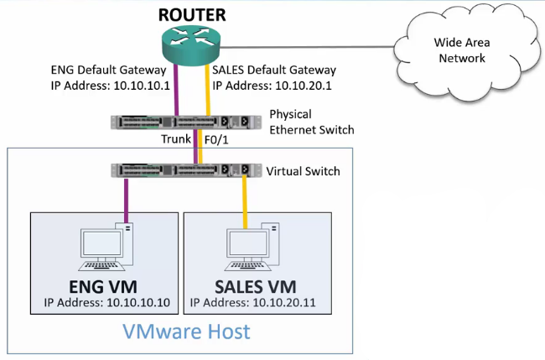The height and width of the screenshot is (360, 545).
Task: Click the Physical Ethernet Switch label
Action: tap(312, 122)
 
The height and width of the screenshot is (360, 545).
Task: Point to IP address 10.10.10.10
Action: tap(105, 303)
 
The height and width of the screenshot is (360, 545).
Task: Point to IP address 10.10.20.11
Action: tap(257, 303)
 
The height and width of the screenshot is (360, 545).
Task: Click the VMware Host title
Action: tap(186, 331)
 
